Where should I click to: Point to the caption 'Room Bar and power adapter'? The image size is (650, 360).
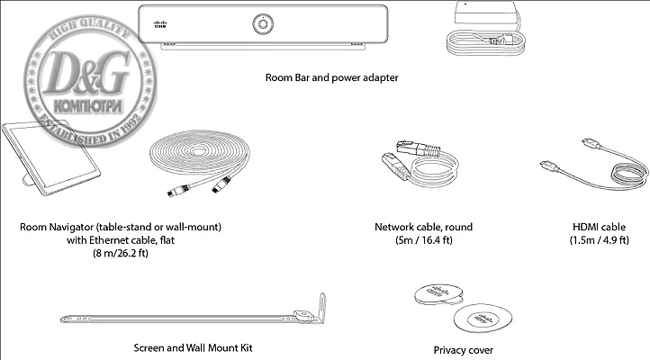331,77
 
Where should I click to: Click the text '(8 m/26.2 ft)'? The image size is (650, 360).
120,255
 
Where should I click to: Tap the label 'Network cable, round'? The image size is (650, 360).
422,227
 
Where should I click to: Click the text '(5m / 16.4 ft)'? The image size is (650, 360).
422,241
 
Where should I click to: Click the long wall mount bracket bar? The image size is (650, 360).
180,319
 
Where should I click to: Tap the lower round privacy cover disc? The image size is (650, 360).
477,320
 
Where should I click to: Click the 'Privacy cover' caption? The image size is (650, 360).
463,350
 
